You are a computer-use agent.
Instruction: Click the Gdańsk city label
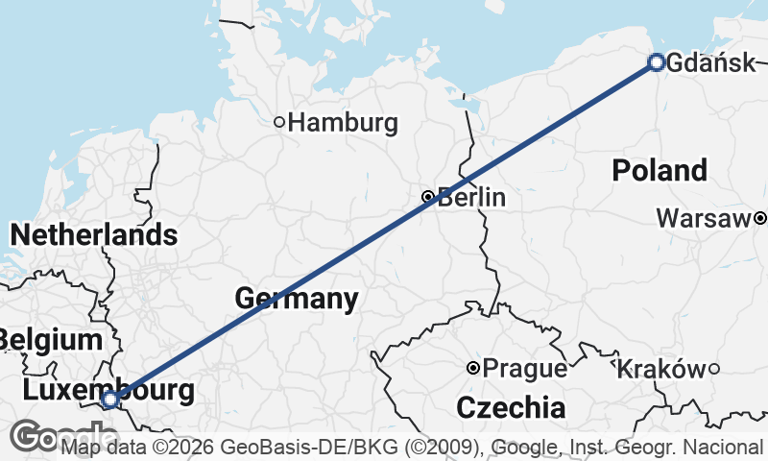tap(710, 63)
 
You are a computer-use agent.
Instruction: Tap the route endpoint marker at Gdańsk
tap(657, 62)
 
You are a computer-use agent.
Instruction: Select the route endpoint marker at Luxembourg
tap(110, 399)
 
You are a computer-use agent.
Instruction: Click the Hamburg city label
tap(343, 123)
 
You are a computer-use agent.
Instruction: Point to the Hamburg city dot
tap(279, 122)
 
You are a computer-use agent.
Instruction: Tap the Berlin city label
tap(471, 199)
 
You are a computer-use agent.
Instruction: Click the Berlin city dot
tap(428, 197)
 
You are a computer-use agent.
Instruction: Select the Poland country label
tap(660, 171)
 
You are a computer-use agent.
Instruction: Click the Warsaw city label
tap(703, 219)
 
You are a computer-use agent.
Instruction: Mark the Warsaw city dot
tap(760, 219)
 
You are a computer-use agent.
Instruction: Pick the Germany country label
tap(297, 299)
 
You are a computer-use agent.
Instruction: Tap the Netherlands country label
tap(93, 234)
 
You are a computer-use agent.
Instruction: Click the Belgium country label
tap(50, 339)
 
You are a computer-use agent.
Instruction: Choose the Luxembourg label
tap(108, 390)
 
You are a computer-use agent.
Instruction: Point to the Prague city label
tap(524, 368)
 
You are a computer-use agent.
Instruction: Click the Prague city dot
tap(473, 368)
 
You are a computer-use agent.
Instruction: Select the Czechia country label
tap(511, 407)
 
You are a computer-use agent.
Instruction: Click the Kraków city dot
tap(713, 368)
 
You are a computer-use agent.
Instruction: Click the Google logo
tap(35, 437)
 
